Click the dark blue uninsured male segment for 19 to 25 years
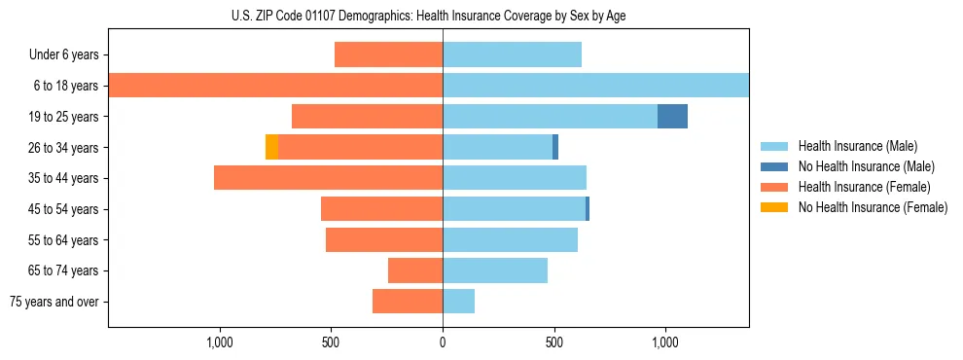(672, 117)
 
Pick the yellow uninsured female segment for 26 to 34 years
(271, 148)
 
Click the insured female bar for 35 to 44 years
(328, 178)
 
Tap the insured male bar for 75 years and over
(458, 302)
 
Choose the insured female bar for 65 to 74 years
(415, 270)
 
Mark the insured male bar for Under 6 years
(512, 54)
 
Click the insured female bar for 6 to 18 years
(275, 86)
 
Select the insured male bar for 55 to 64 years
(510, 240)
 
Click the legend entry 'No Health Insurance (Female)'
(872, 207)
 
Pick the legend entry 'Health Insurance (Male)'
(857, 146)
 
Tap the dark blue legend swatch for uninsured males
(775, 166)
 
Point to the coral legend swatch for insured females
(775, 187)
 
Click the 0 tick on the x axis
(443, 342)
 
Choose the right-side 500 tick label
(553, 342)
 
